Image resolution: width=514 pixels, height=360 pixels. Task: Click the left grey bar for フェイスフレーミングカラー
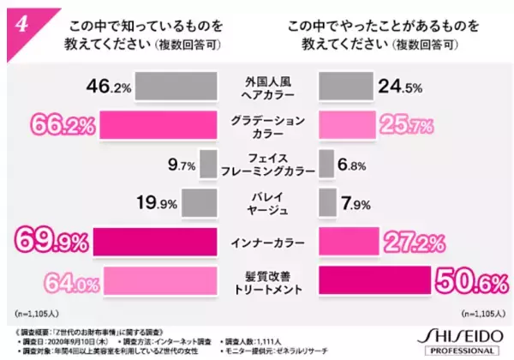[x=207, y=164]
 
